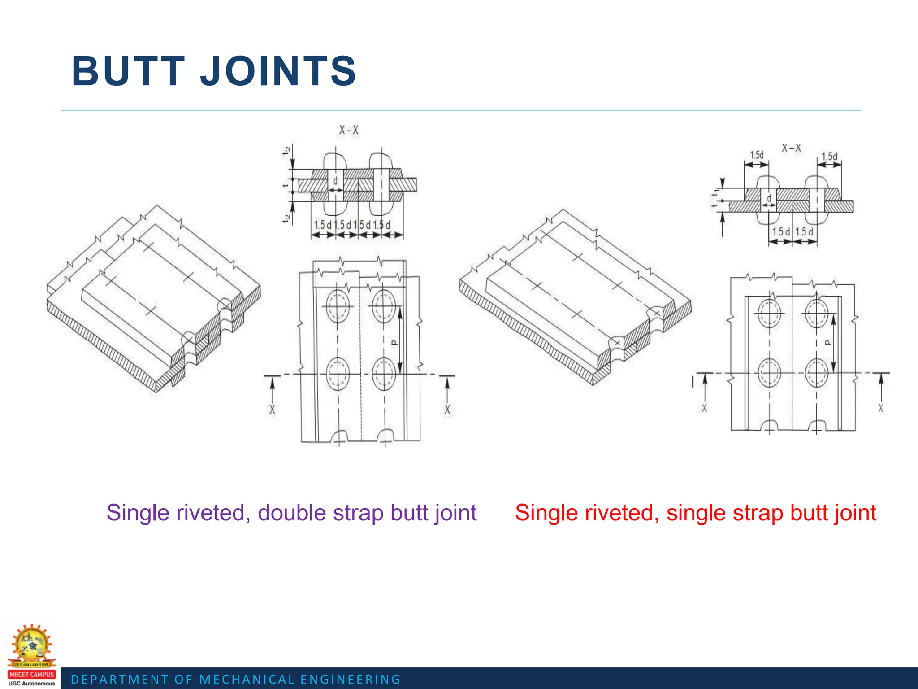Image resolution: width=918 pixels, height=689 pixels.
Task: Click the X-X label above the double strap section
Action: [x=349, y=130]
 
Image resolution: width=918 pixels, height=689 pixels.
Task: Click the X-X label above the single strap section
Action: [x=791, y=148]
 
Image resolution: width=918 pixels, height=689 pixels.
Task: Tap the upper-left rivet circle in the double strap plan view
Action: [x=338, y=306]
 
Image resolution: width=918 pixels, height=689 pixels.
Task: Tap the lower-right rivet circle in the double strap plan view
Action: [x=384, y=373]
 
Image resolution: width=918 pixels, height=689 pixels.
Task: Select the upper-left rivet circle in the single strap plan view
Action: [x=769, y=313]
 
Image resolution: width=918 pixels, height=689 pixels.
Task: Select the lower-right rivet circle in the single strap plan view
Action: [x=816, y=372]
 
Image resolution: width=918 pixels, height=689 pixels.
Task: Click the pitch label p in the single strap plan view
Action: [x=828, y=342]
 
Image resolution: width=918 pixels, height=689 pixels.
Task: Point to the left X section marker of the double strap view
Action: [x=272, y=409]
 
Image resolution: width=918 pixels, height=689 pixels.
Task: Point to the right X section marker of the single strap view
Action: [x=881, y=408]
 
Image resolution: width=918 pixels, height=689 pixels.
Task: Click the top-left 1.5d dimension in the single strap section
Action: [x=757, y=155]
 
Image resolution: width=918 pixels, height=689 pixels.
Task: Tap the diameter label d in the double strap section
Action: [x=335, y=181]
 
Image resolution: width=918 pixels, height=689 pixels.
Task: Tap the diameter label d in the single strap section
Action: [x=769, y=198]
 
